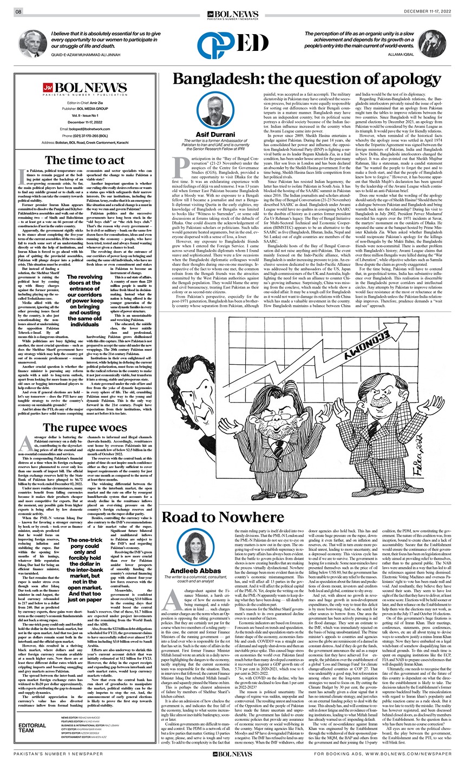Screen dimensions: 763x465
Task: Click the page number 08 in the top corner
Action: point(18,11)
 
